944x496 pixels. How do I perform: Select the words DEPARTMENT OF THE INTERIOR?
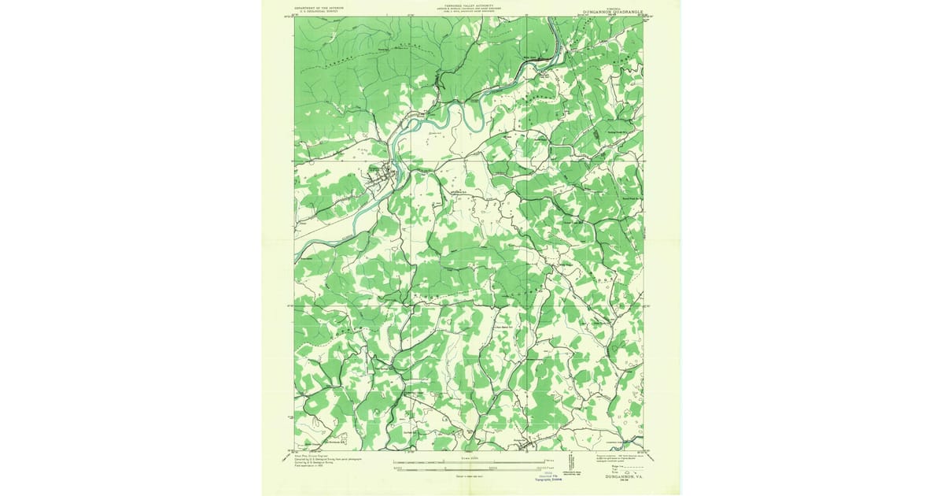click(x=319, y=8)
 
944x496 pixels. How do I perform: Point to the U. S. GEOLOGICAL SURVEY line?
click(x=319, y=13)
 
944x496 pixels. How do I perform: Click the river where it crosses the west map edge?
click(x=297, y=258)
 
